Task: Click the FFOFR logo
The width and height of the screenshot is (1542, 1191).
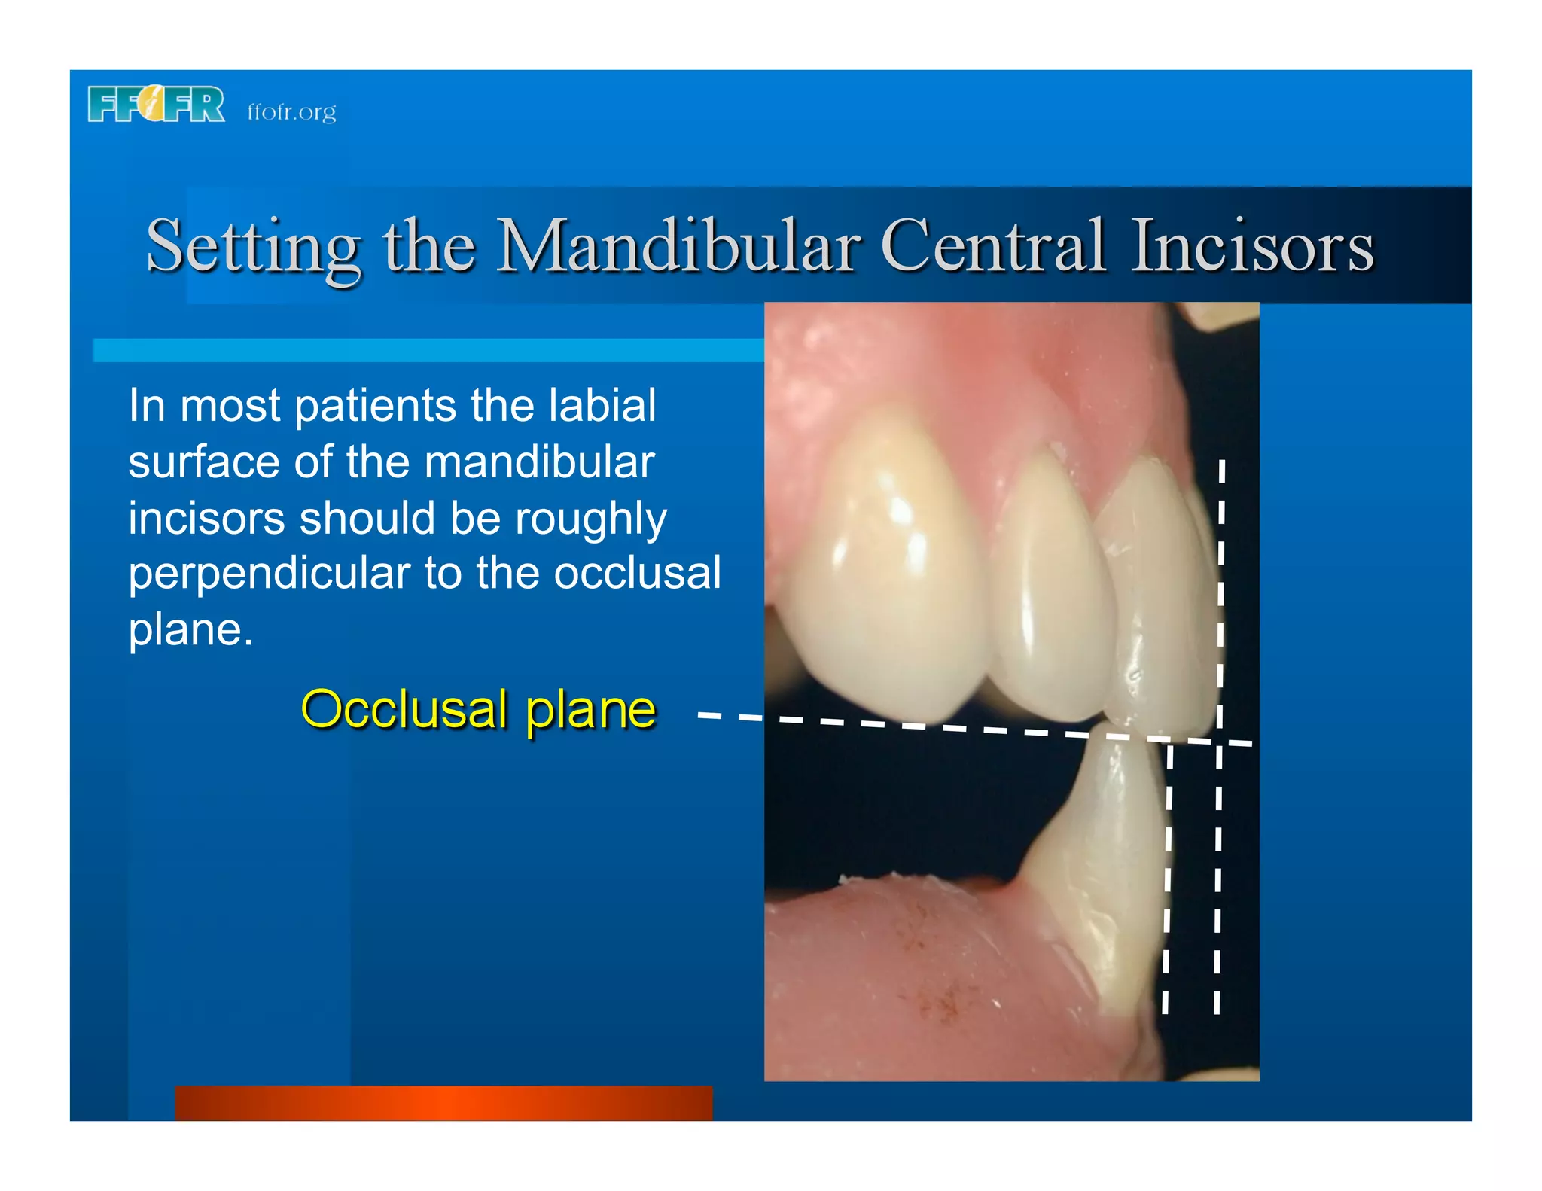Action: click(x=156, y=105)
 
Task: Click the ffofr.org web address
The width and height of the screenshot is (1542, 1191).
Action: click(x=291, y=112)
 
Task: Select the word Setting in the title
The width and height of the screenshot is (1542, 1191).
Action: click(x=253, y=247)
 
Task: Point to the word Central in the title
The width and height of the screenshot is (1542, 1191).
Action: click(x=992, y=245)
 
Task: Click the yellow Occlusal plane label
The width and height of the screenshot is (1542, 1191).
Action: click(x=478, y=709)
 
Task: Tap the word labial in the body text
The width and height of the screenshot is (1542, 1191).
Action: click(x=602, y=406)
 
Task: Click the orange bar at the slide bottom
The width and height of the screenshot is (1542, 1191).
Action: click(x=443, y=1103)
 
